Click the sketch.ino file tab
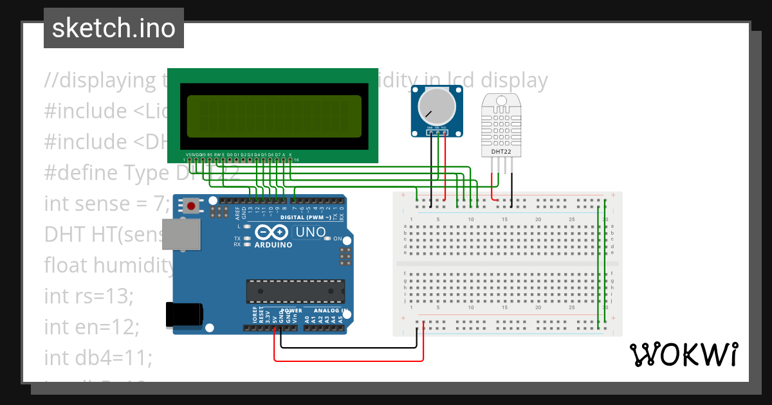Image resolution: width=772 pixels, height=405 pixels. coord(114,28)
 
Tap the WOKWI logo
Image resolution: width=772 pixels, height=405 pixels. coord(683,355)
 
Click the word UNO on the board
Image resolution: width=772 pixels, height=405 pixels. coord(310,232)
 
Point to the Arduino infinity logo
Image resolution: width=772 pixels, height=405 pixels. coord(272,233)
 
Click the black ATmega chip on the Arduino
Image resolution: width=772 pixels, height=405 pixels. coord(292,291)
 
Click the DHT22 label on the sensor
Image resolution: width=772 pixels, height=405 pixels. coord(503,151)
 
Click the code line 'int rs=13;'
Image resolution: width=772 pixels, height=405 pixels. coord(89,296)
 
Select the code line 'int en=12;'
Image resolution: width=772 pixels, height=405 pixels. coord(92,327)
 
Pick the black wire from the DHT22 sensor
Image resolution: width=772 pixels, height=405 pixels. coord(512,186)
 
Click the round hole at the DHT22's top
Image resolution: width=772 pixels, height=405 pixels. coord(503,99)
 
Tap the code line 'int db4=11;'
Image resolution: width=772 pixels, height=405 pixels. coord(98,357)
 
